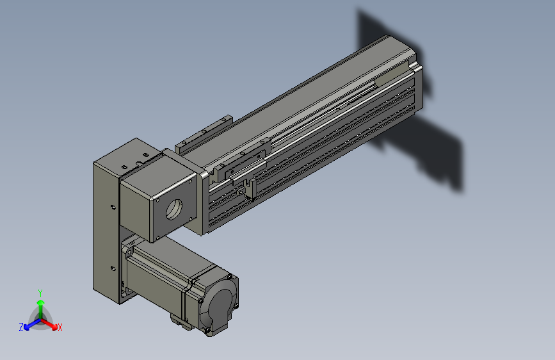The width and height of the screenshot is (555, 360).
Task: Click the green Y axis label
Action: point(40,293)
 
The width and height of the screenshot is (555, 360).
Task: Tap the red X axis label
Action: point(60,328)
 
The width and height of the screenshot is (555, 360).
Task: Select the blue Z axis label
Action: point(21,327)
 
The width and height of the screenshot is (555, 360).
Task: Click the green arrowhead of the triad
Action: point(41,302)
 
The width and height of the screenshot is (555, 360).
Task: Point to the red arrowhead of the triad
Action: point(54,327)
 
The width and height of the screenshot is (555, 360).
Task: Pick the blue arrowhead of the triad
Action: point(26,327)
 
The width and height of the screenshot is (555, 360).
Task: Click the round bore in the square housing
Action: point(173,209)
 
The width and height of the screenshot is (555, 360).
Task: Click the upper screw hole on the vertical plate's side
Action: point(113,208)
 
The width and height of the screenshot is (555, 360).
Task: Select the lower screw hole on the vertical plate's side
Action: point(113,268)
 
